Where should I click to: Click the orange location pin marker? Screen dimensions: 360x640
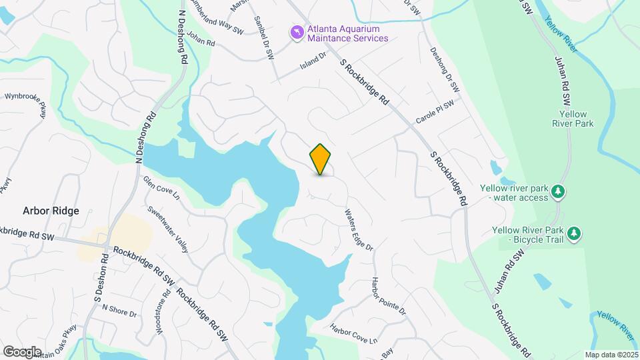coord(321,159)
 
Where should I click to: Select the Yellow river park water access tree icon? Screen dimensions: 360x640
coord(559,193)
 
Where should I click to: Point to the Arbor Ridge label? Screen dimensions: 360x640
coord(51,211)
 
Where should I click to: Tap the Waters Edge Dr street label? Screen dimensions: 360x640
coord(359,231)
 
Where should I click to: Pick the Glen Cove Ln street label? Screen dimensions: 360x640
coord(161,188)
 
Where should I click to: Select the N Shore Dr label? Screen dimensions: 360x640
coord(120,314)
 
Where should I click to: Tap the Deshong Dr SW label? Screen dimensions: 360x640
coord(445,69)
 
